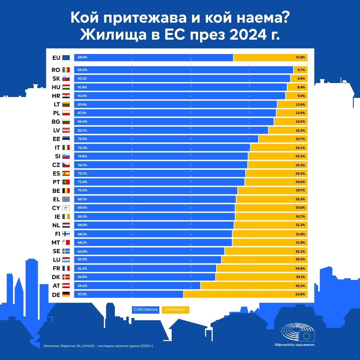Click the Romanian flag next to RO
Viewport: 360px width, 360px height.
point(66,70)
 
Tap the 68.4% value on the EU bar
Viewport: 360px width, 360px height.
point(82,57)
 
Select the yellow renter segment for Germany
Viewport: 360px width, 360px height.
point(245,294)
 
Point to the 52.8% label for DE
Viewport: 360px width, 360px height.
point(300,294)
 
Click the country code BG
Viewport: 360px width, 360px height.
point(56,122)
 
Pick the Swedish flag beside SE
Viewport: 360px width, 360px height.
point(66,251)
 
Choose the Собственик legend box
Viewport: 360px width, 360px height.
point(146,310)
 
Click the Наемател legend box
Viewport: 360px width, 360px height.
point(175,310)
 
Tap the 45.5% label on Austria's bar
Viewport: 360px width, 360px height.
point(300,286)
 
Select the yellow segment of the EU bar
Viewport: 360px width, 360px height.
point(270,57)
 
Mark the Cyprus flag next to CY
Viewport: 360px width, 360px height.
point(66,208)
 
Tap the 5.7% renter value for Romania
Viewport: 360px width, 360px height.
point(301,70)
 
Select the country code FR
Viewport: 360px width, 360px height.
point(56,268)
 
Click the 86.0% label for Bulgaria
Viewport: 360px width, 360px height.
point(82,122)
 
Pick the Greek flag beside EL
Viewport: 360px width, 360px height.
point(66,199)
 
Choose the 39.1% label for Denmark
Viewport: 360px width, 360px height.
point(300,277)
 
